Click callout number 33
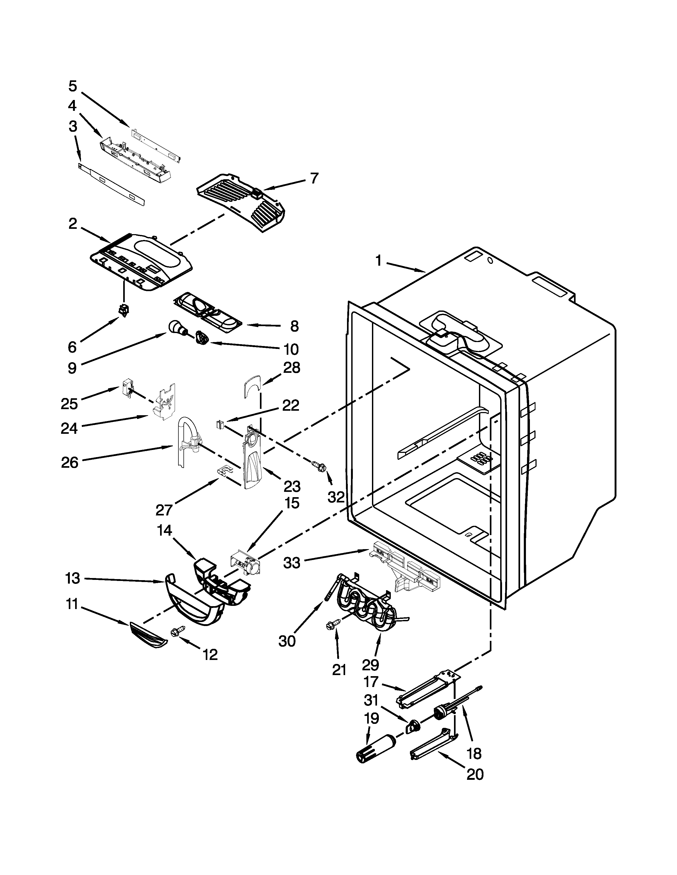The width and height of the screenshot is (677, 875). (292, 563)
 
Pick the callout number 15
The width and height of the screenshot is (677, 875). (292, 503)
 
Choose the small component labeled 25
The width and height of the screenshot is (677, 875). (127, 389)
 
